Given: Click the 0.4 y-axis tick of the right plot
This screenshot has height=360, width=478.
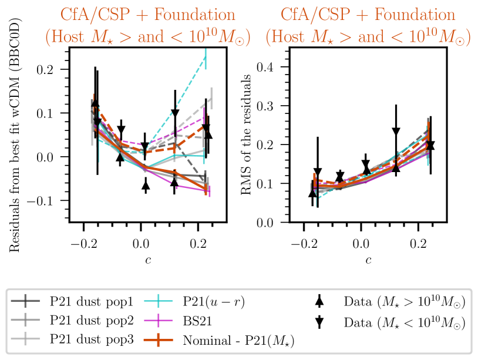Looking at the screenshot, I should click(x=277, y=67).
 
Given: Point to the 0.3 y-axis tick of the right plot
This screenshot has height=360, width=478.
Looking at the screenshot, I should click(x=277, y=106).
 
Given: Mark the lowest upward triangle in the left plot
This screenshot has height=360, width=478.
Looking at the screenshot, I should click(x=146, y=186).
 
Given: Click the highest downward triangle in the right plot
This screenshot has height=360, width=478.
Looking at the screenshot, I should click(x=396, y=130).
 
